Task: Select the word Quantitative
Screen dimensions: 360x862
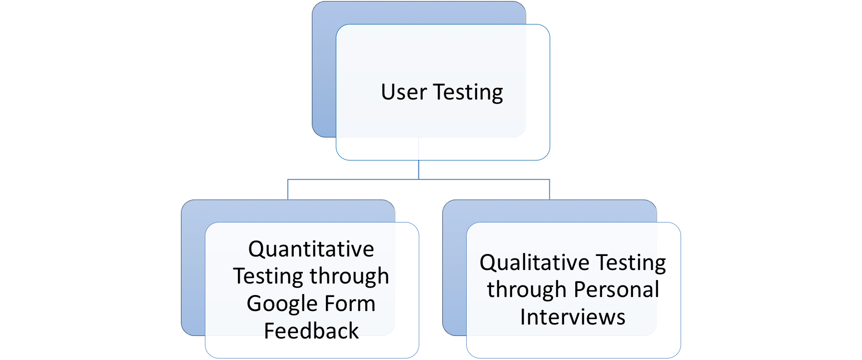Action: click(x=311, y=249)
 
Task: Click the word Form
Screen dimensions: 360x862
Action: click(x=350, y=304)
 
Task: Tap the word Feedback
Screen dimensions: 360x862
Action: click(x=311, y=331)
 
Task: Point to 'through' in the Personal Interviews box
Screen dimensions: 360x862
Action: click(x=527, y=290)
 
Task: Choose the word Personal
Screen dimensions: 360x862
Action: click(x=616, y=290)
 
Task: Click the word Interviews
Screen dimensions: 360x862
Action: click(x=573, y=317)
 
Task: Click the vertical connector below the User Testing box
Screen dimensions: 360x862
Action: click(x=418, y=169)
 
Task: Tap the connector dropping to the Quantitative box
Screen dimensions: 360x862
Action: click(x=288, y=190)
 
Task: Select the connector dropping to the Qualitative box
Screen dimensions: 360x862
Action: click(x=549, y=190)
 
